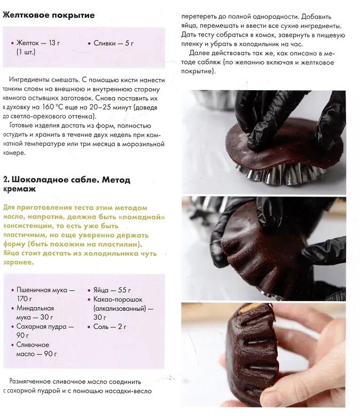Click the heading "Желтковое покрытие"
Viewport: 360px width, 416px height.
pos(49,15)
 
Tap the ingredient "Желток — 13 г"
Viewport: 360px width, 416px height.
pos(38,43)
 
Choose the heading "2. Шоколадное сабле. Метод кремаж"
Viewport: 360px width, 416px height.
pos(67,184)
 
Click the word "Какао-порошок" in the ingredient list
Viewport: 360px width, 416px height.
pos(118,300)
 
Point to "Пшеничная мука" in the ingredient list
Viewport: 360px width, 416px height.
pos(42,290)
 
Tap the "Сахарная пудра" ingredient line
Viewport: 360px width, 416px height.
pos(45,327)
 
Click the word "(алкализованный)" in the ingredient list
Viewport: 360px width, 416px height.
pos(120,309)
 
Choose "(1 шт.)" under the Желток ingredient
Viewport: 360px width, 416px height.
pos(26,52)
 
